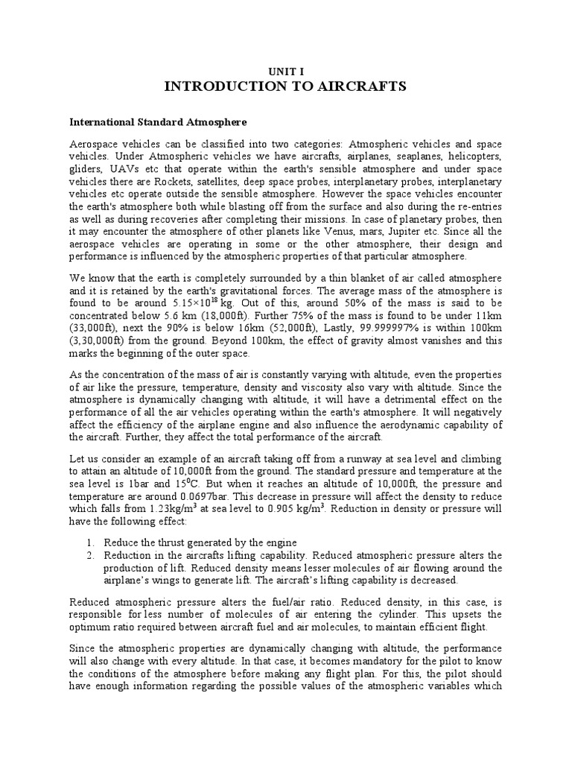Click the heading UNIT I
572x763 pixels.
coord(285,70)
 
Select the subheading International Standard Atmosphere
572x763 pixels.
coord(158,120)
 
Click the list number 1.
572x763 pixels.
coord(89,542)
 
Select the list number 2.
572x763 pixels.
coord(89,556)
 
